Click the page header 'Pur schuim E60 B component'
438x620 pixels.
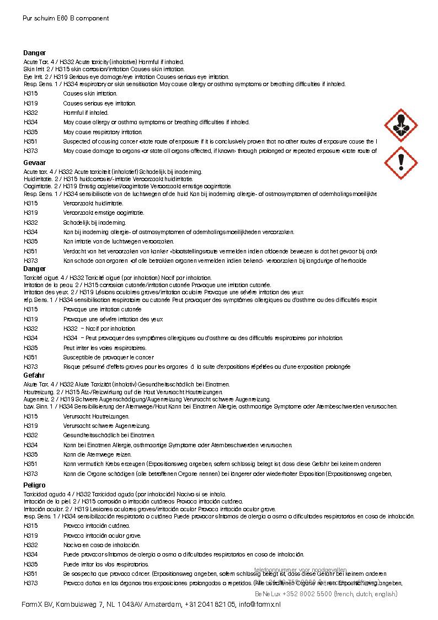[x=66, y=18]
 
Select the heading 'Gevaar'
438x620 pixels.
[x=34, y=163]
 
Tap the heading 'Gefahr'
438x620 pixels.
[x=34, y=375]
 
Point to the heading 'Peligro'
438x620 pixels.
[x=34, y=485]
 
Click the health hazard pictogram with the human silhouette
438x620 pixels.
[x=400, y=126]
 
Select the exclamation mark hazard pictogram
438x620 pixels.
[x=400, y=162]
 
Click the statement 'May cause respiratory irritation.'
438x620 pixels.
[x=103, y=132]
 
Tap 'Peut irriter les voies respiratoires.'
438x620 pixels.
[x=105, y=348]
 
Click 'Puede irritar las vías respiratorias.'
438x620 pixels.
[x=106, y=564]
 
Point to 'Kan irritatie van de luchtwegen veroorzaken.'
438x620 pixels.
[x=119, y=241]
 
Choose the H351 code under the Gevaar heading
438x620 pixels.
[x=31, y=251]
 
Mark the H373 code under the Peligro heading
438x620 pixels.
[x=31, y=583]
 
